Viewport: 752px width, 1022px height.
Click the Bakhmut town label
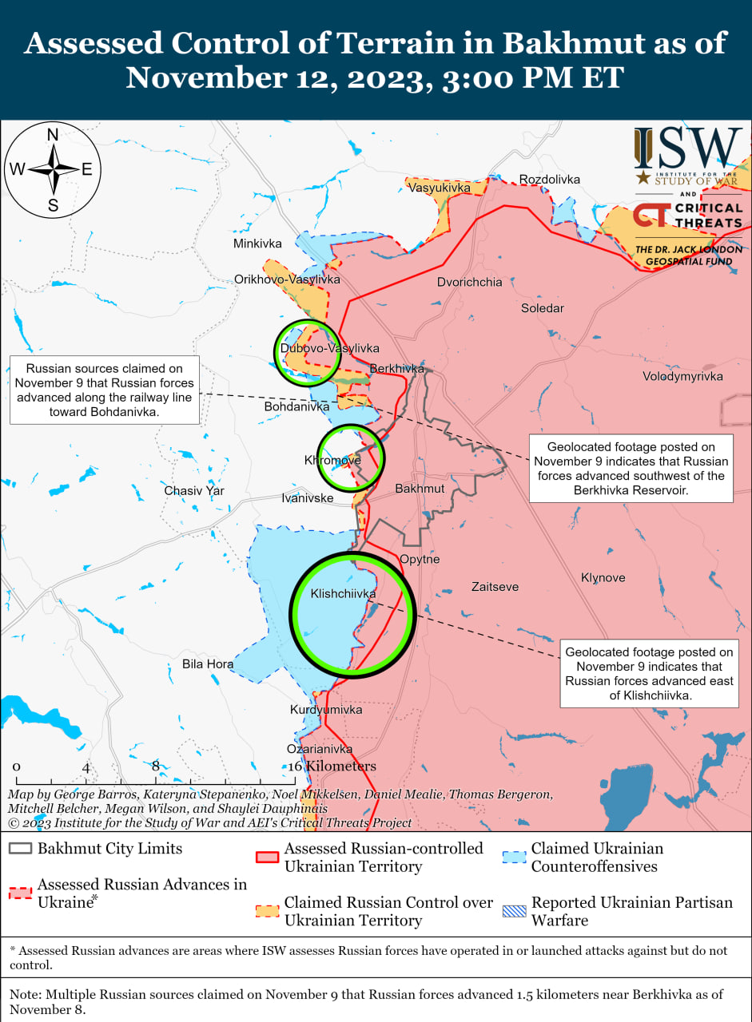coord(420,488)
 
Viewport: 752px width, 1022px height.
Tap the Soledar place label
coord(542,308)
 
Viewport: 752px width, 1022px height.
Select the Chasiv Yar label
coord(194,490)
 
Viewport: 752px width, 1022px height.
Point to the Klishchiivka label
coord(343,594)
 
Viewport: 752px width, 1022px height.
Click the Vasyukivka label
coord(439,188)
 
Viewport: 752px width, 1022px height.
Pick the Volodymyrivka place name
coord(682,376)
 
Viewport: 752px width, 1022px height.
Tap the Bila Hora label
coord(208,664)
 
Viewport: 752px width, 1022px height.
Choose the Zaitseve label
coord(495,587)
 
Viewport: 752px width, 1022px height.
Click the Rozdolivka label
coord(550,179)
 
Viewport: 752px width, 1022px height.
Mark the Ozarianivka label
coord(320,749)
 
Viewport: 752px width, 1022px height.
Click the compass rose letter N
coord(53,135)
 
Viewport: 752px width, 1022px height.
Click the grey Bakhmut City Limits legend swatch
coord(21,848)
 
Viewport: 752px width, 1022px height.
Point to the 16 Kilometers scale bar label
coord(331,766)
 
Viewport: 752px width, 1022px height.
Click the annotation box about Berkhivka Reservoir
coord(631,468)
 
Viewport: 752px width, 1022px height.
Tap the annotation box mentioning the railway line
coord(104,390)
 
